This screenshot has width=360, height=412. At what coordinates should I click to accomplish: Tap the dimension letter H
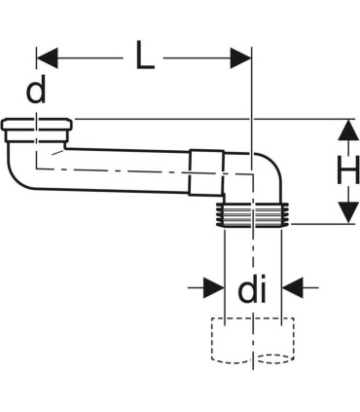click(346, 172)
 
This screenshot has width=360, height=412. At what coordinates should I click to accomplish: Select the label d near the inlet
click(36, 94)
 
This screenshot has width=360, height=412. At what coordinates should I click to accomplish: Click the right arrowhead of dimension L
click(242, 59)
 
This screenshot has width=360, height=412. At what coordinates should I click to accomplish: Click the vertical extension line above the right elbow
click(252, 97)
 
